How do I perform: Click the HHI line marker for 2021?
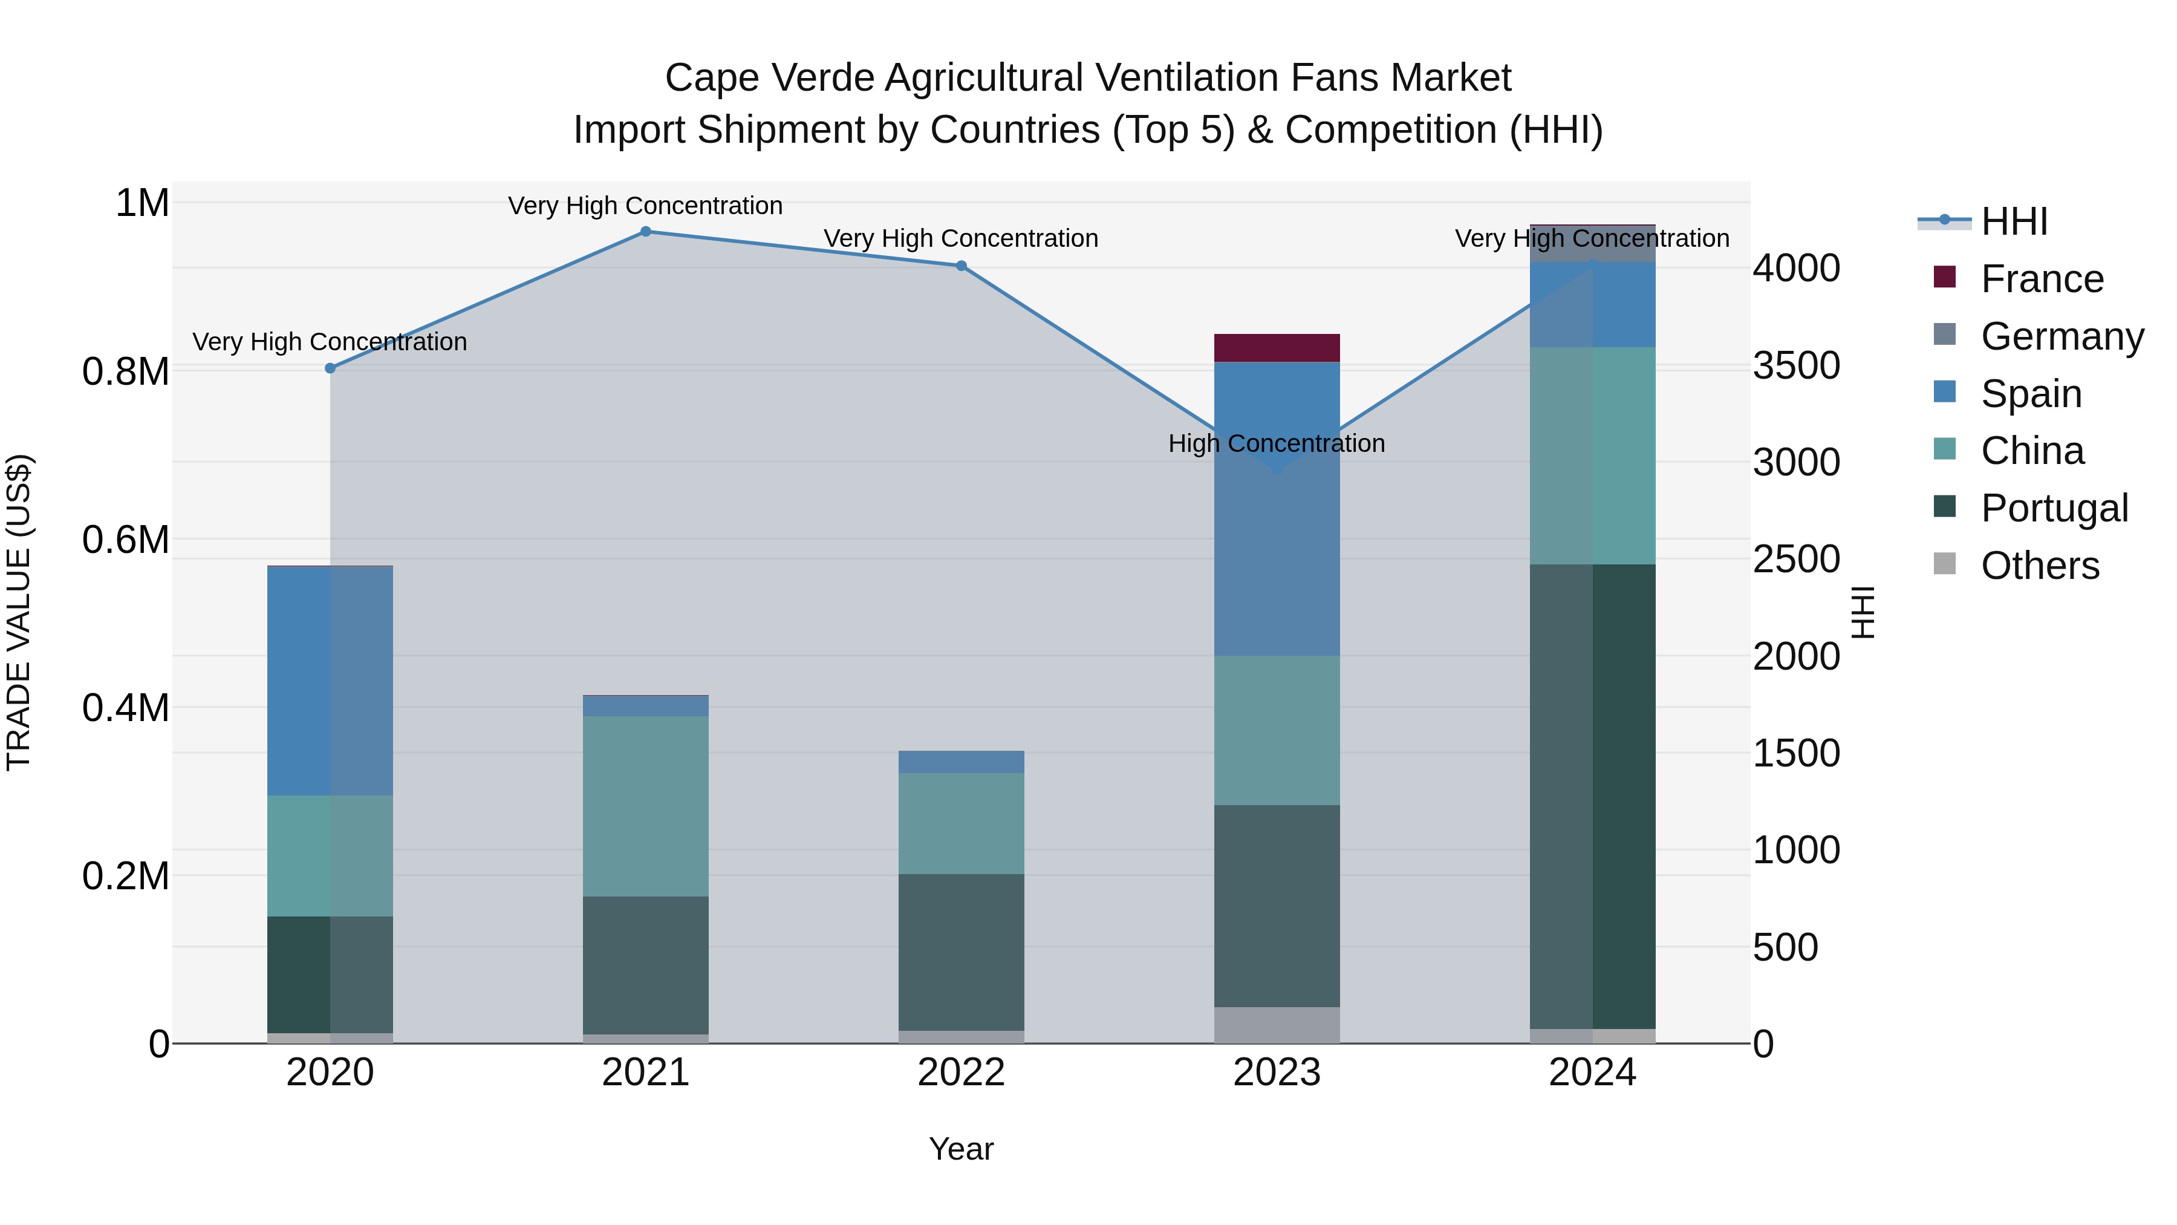tap(646, 232)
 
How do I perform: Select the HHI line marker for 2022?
tap(961, 266)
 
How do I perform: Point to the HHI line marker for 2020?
tap(330, 368)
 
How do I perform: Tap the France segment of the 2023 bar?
tap(1277, 347)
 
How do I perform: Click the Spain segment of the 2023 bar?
tap(1277, 508)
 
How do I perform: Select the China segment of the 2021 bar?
tap(646, 806)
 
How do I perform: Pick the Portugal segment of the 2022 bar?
tap(961, 952)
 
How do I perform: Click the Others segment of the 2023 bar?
tap(1277, 1025)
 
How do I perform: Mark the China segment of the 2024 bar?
tap(1592, 456)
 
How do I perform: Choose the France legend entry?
tap(2042, 279)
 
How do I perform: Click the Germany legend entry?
tap(2062, 336)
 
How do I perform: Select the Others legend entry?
tap(2040, 566)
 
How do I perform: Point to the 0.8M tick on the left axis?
tap(126, 372)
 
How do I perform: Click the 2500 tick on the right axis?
tap(1796, 559)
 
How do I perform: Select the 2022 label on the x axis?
tap(961, 1073)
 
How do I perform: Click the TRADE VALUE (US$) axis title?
tap(19, 612)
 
